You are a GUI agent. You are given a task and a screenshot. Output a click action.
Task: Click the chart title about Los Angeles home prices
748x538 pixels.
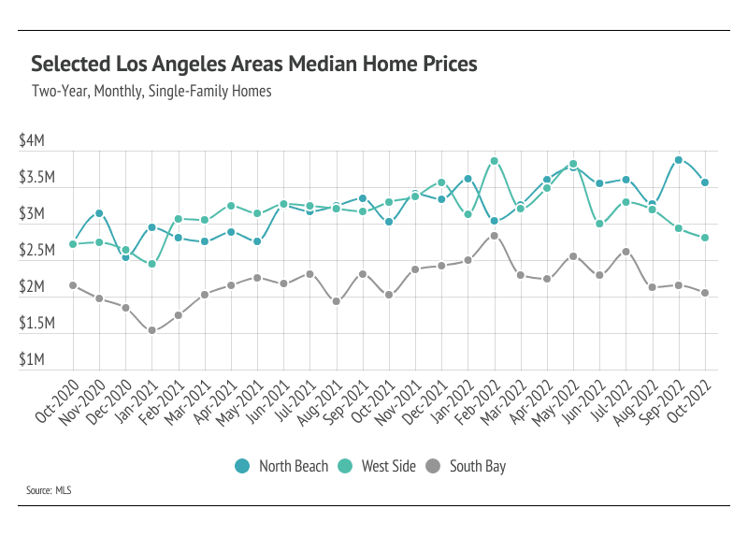click(x=254, y=65)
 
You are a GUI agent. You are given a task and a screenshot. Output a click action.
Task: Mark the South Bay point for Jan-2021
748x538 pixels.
click(x=152, y=330)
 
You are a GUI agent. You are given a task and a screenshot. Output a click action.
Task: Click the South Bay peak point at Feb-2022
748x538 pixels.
click(x=495, y=236)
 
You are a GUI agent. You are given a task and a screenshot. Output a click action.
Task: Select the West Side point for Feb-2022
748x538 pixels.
click(x=495, y=161)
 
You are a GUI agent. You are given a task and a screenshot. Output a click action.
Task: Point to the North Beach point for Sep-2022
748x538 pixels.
click(x=679, y=160)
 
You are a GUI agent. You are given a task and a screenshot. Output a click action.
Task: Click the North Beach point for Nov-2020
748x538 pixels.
click(x=99, y=213)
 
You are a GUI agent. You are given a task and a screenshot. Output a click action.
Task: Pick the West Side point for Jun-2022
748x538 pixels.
click(x=600, y=224)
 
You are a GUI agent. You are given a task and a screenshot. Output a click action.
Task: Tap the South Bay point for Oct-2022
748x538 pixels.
click(x=705, y=293)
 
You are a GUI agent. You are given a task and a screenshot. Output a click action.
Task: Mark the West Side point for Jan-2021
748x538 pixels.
click(x=152, y=264)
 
